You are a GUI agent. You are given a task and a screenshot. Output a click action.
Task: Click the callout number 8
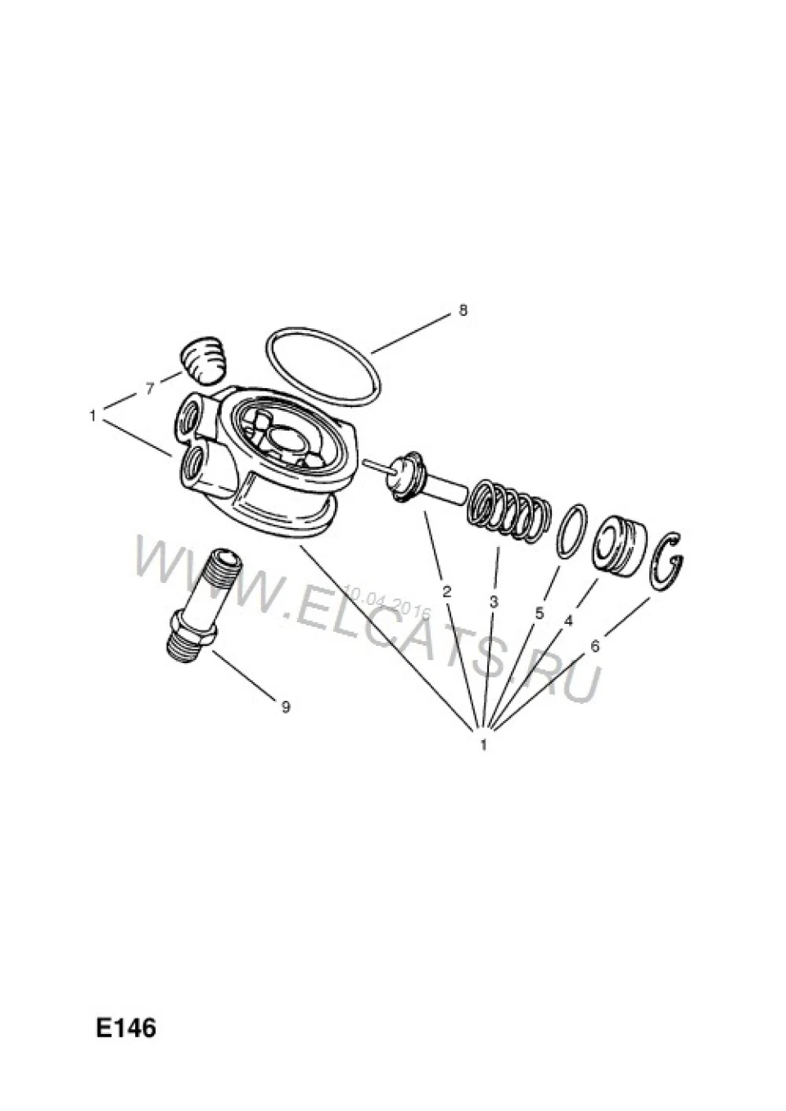pyautogui.click(x=462, y=311)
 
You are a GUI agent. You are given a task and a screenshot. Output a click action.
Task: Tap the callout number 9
pyautogui.click(x=286, y=707)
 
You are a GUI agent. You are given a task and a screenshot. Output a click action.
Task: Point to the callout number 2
pyautogui.click(x=446, y=591)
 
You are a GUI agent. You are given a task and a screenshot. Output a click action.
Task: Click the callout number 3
pyautogui.click(x=494, y=602)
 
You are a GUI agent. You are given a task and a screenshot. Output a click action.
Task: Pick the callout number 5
pyautogui.click(x=540, y=613)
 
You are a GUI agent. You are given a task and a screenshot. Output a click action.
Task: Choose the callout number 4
pyautogui.click(x=568, y=621)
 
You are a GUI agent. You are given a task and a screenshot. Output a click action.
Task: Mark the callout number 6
pyautogui.click(x=595, y=646)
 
